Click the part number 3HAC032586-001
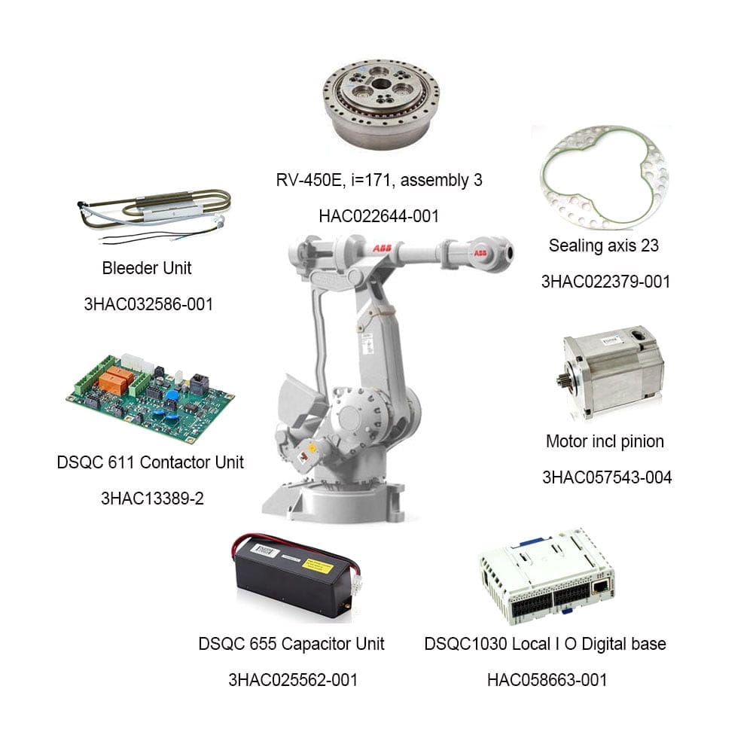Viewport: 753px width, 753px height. [x=148, y=304]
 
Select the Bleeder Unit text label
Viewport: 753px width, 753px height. [x=147, y=268]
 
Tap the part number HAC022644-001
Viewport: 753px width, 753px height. [x=379, y=216]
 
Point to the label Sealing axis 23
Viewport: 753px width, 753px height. [x=604, y=245]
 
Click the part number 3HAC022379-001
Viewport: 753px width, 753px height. [x=605, y=282]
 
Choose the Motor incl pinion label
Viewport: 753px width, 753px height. [x=605, y=441]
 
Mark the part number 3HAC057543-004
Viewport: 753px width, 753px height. [x=607, y=477]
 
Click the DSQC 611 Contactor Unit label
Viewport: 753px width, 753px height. [x=151, y=462]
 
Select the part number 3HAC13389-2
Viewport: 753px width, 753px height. [x=152, y=498]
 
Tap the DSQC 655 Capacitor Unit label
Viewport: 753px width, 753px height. [x=291, y=644]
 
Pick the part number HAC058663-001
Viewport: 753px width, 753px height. [x=547, y=680]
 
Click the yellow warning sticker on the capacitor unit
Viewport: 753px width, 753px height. [x=318, y=566]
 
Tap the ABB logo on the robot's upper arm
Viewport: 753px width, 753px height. [x=383, y=248]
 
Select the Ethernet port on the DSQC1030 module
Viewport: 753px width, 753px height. [x=601, y=587]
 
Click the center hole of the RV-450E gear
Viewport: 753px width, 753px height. [x=381, y=84]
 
